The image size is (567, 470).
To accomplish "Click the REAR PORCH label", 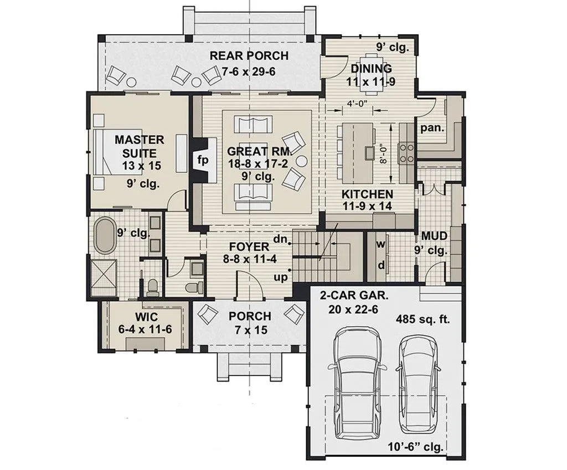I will (x=249, y=56).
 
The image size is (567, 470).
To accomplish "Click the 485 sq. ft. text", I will (x=422, y=319).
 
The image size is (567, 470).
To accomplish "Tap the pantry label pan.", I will (x=432, y=128).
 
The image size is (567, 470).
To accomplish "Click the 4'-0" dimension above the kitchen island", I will (x=341, y=103).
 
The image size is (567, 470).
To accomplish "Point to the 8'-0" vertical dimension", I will (x=383, y=154).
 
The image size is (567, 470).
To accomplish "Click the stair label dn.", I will (x=280, y=240).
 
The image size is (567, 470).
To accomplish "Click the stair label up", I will (x=281, y=277).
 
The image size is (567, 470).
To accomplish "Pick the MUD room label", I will (x=434, y=236).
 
